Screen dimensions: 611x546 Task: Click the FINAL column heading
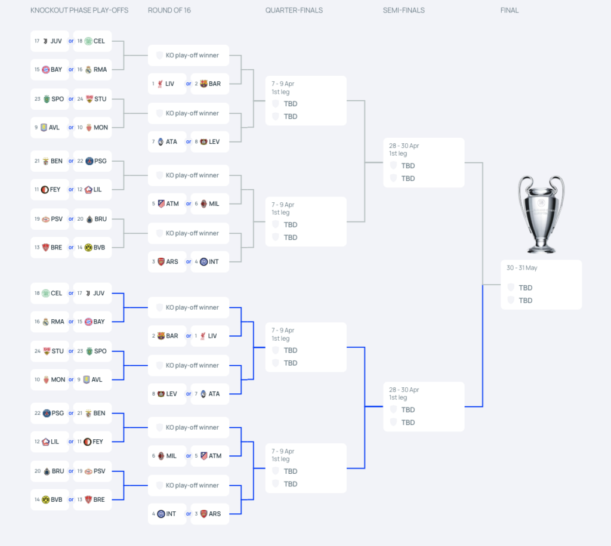click(x=510, y=11)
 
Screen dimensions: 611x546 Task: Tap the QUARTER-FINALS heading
click(x=294, y=11)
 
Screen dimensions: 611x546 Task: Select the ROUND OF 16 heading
click(x=169, y=11)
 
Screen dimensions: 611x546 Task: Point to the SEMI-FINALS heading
click(x=404, y=11)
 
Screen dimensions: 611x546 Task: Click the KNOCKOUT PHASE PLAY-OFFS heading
click(x=79, y=11)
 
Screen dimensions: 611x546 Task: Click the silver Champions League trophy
click(x=541, y=214)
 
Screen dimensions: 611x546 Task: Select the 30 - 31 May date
click(x=521, y=268)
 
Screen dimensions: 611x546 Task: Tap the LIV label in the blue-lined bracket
click(x=212, y=336)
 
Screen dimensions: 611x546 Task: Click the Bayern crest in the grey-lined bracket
click(x=45, y=70)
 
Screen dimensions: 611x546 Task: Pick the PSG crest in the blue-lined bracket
click(x=47, y=413)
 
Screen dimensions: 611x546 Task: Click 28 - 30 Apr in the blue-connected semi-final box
click(x=404, y=390)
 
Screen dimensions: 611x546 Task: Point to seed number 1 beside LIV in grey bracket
click(x=153, y=84)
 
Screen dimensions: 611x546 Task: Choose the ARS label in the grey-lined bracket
click(x=172, y=262)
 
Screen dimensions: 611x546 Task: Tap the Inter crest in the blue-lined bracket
click(x=161, y=514)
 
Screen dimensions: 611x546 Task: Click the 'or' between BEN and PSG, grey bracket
click(x=71, y=161)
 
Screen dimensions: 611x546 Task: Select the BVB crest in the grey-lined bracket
click(x=88, y=248)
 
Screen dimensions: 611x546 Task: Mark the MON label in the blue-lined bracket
click(x=58, y=380)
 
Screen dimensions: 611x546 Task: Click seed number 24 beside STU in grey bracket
click(x=80, y=99)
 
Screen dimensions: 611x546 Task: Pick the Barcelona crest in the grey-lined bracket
click(x=204, y=84)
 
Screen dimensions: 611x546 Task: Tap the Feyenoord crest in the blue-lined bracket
click(x=88, y=442)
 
